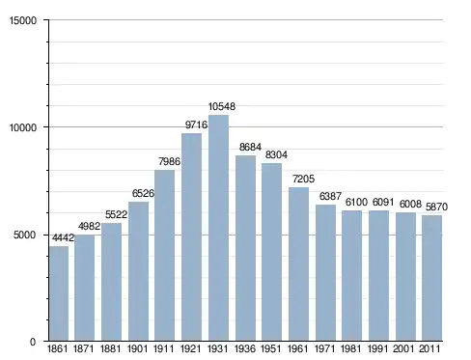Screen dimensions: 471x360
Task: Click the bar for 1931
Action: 218,228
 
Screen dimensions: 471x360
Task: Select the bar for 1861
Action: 59,293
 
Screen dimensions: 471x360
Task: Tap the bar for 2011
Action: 431,278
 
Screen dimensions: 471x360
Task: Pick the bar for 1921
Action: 191,236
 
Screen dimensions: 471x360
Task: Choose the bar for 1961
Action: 298,263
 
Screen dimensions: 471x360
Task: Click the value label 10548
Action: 222,106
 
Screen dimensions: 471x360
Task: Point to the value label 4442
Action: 63,237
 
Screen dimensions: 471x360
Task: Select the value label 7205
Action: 303,179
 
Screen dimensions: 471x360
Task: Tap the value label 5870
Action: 436,207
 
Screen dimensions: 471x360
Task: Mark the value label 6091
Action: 383,202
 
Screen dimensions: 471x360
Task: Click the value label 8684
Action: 250,147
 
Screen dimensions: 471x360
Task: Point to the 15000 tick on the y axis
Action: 23,20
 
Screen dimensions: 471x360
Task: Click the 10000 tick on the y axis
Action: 23,127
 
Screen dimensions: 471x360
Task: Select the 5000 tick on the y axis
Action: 25,235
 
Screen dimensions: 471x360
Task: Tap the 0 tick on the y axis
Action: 33,342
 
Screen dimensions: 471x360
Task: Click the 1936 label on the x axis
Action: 245,348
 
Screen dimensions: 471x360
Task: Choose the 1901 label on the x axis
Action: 138,348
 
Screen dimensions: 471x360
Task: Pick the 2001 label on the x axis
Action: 404,348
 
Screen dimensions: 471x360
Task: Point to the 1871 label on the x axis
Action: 84,348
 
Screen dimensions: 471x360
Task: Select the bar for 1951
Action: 271,252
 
